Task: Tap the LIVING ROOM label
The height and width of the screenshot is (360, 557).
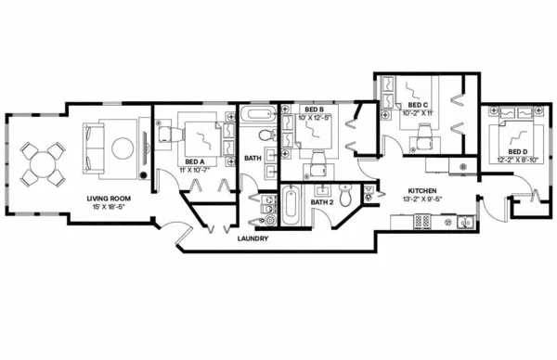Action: pos(107,198)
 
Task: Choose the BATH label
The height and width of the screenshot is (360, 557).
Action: pos(252,158)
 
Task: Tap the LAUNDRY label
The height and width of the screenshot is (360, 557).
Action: pos(253,238)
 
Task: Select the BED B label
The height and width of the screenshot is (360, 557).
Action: pos(313,109)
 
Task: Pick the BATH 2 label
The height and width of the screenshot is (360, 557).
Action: pos(321,201)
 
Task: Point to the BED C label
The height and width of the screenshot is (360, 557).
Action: pos(418,105)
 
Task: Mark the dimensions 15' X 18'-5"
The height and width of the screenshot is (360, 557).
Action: pos(107,207)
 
